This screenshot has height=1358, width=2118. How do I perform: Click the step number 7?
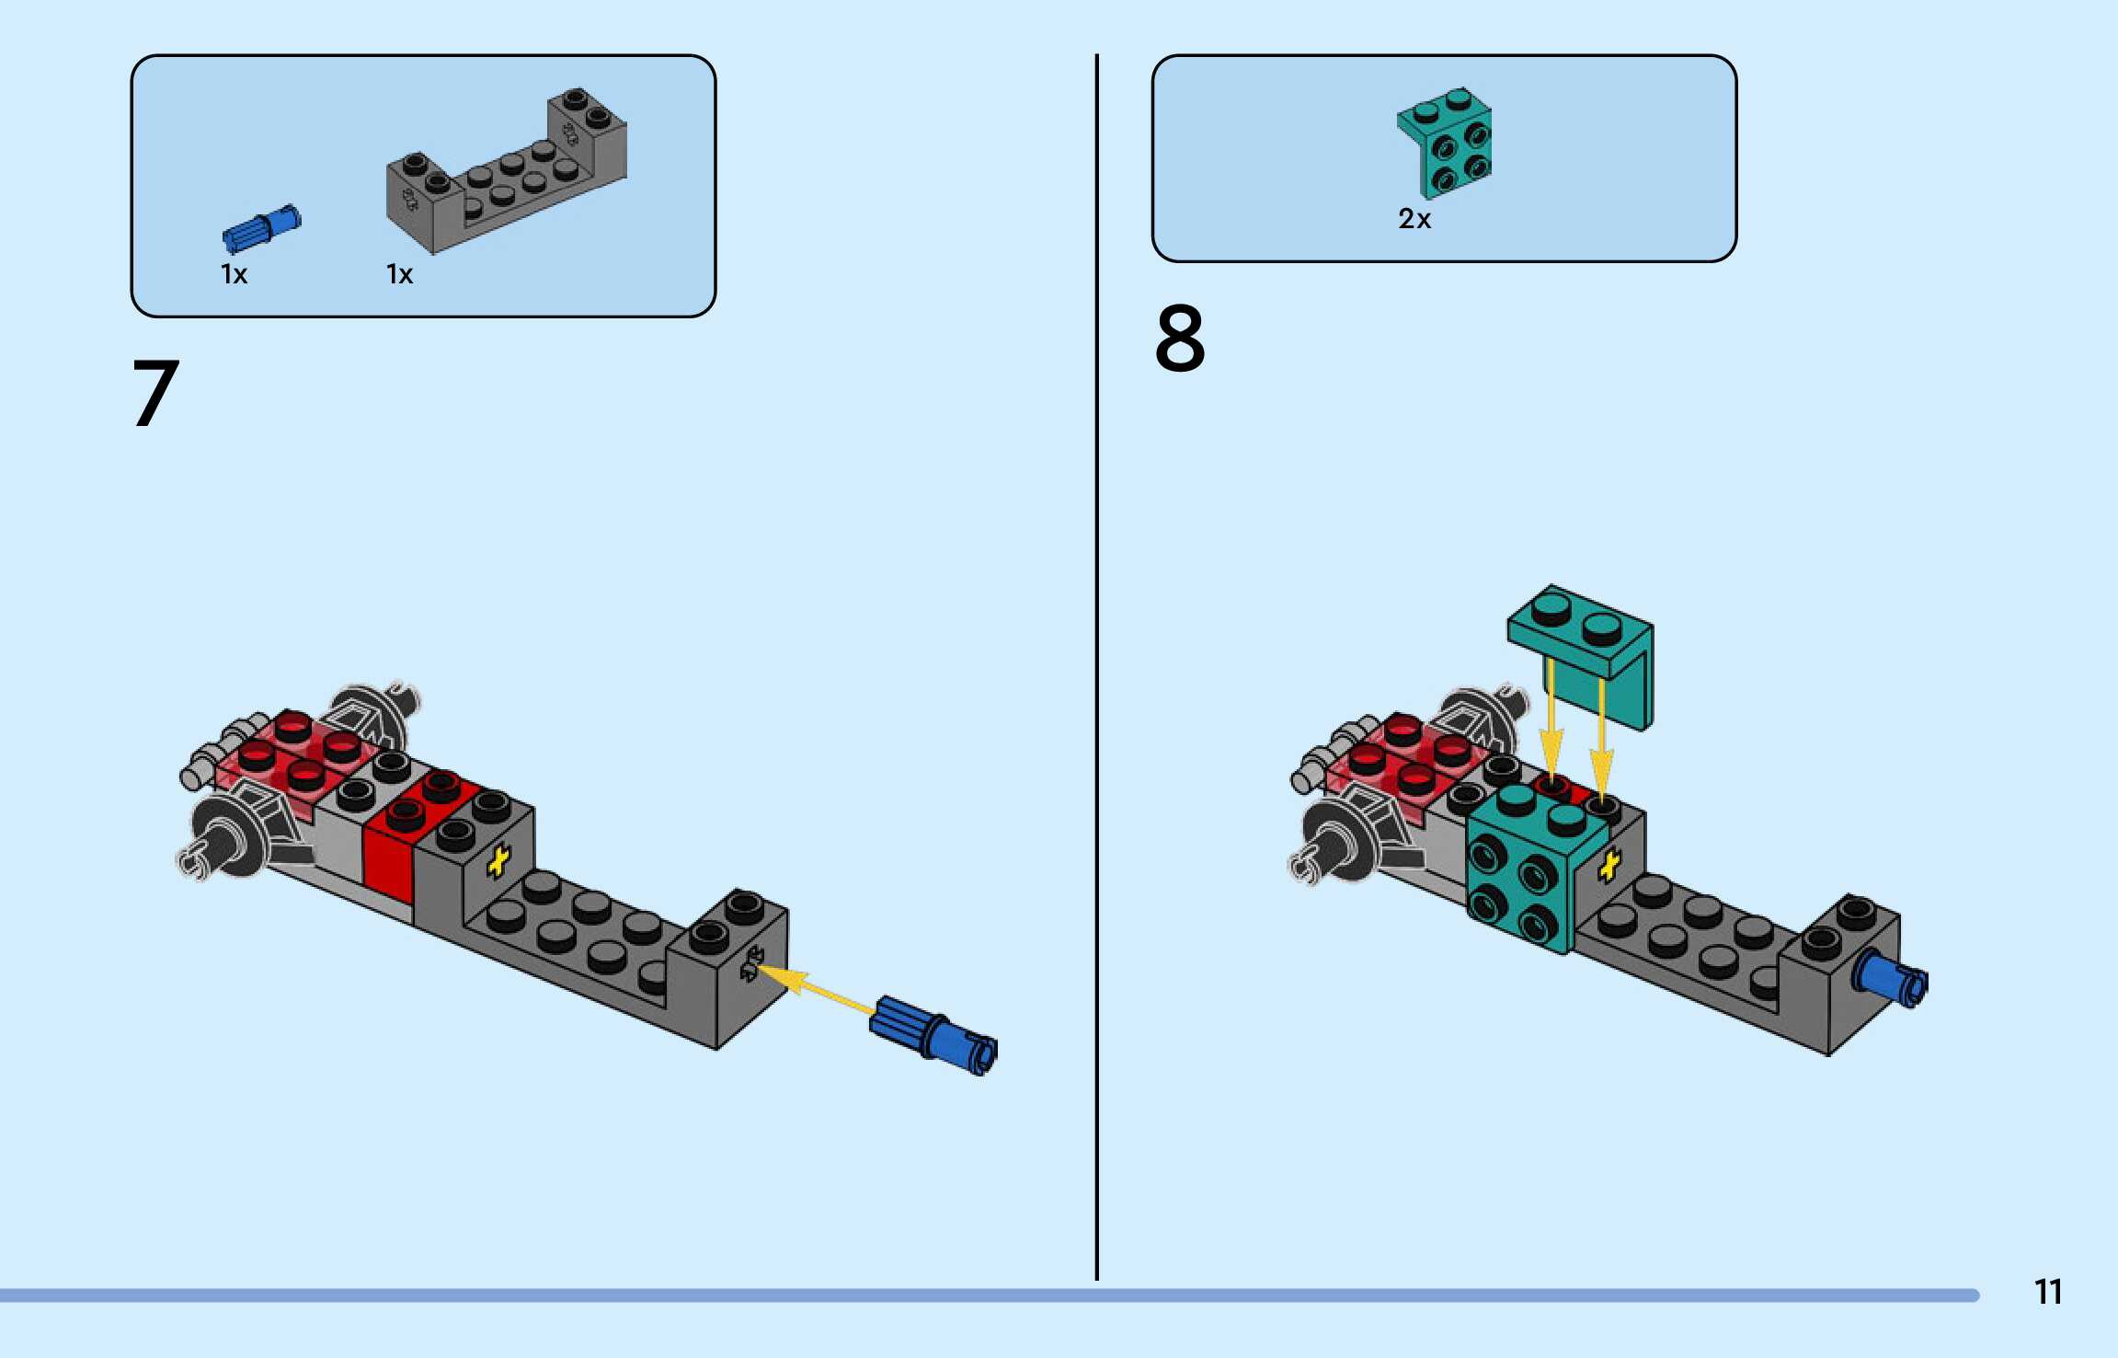coord(156,394)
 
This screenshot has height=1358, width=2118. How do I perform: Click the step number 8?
coord(1180,339)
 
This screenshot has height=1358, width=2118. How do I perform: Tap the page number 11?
coord(2047,1292)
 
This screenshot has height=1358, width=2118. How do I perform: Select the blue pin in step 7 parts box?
coord(261,228)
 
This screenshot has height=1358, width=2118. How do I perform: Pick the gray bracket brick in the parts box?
coord(506,175)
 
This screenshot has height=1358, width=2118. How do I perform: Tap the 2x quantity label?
coord(1414,219)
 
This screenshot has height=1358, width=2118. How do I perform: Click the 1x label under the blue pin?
coord(234,274)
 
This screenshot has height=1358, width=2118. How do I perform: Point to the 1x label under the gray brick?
coord(399,274)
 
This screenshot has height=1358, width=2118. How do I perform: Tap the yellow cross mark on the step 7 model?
coord(498,862)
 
